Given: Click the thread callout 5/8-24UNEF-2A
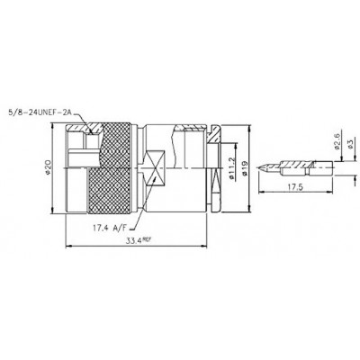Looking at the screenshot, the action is pyautogui.click(x=40, y=112).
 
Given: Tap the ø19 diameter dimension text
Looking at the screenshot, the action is pyautogui.click(x=245, y=168).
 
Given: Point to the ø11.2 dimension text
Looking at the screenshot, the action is pyautogui.click(x=232, y=168).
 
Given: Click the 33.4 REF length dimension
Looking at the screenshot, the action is pyautogui.click(x=137, y=240).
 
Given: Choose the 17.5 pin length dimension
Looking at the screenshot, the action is pyautogui.click(x=295, y=187).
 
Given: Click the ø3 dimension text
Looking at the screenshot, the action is pyautogui.click(x=350, y=145).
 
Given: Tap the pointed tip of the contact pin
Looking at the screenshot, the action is pyautogui.click(x=257, y=168).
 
